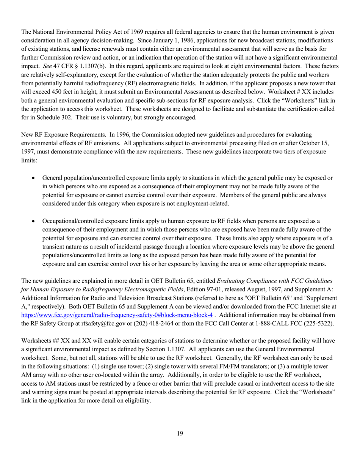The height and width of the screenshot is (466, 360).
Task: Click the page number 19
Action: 180,434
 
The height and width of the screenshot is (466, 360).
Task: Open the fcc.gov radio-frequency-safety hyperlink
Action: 117,315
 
